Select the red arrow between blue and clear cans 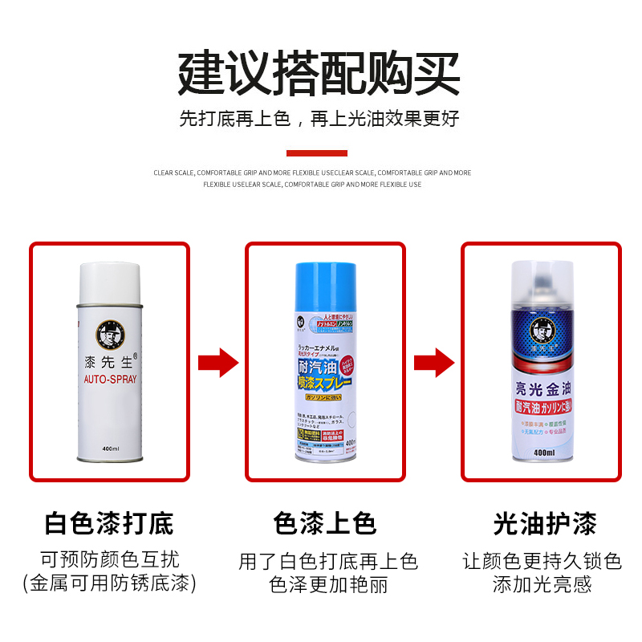tap(434, 363)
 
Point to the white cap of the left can tap(110, 281)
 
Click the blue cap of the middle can tap(325, 285)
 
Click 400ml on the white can tap(110, 449)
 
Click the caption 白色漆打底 tap(109, 524)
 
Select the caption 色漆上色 tap(325, 524)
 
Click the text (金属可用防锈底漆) tap(109, 583)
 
